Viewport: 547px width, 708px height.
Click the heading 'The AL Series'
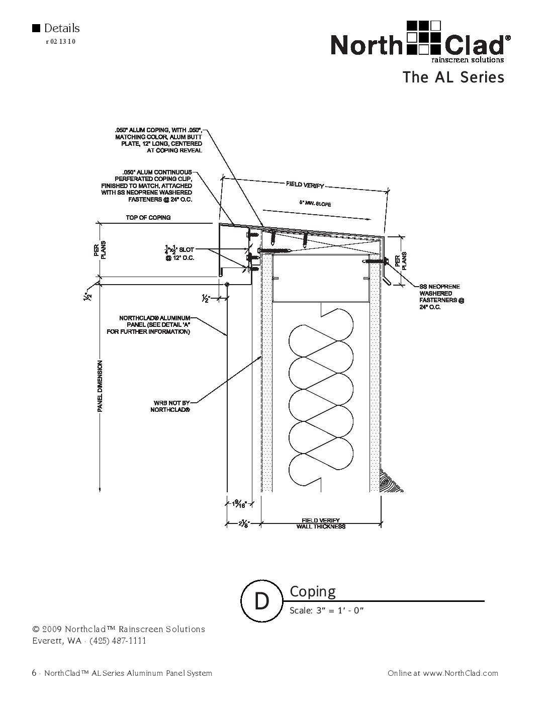[x=452, y=77]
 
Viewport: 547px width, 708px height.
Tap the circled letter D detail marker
[x=261, y=600]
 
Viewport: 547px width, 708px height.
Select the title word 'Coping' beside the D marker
[x=313, y=592]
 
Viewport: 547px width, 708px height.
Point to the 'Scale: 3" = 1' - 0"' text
[x=326, y=611]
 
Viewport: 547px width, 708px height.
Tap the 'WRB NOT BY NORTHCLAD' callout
[x=171, y=406]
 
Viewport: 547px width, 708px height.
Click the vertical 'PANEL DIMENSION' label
[x=100, y=386]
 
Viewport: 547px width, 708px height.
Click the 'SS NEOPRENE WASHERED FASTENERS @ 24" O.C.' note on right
[x=441, y=297]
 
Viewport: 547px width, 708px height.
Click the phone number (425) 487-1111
[x=118, y=641]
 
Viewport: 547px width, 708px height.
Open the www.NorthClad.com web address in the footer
[x=460, y=673]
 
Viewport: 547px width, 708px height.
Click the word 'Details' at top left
[x=61, y=28]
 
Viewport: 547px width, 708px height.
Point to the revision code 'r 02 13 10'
[x=60, y=42]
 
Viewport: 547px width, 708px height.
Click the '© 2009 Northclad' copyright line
[x=118, y=629]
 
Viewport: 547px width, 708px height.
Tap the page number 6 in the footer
[x=34, y=673]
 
